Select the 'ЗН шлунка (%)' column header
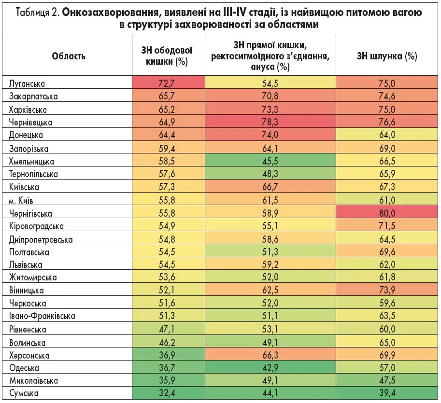386,56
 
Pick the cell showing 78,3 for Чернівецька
270,122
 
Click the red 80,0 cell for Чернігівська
386,213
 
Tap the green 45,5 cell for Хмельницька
270,161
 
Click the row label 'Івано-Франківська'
42,317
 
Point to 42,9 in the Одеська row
270,368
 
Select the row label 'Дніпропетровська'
41,239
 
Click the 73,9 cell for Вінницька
386,291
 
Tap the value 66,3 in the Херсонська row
270,355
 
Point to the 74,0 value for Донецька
270,135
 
